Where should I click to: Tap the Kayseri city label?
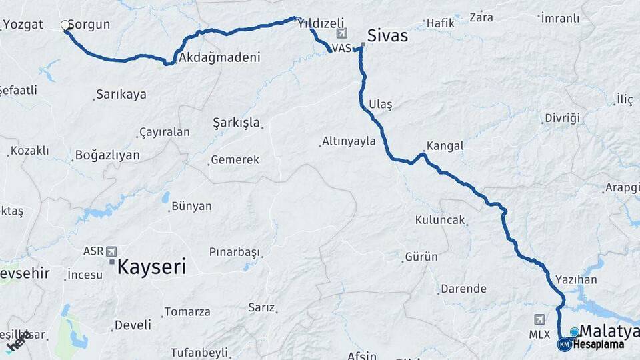tap(151, 267)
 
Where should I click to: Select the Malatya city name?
tap(609, 331)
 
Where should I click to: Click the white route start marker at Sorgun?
tap(65, 25)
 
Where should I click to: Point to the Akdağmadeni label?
tap(219, 57)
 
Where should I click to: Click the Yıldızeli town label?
tap(321, 23)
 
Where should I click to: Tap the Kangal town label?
tap(445, 145)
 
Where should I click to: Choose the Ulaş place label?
tap(381, 105)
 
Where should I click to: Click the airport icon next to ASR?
tap(111, 251)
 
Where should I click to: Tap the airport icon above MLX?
tap(539, 319)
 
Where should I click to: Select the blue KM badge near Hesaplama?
tap(565, 345)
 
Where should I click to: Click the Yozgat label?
tap(23, 25)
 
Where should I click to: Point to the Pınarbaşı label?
tap(234, 252)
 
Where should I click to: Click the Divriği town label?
tap(562, 118)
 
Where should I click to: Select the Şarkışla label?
tap(236, 123)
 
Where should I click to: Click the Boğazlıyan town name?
tap(107, 155)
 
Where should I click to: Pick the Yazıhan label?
tap(571, 279)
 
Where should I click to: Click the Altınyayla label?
tap(348, 141)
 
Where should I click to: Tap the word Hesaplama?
tap(599, 345)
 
